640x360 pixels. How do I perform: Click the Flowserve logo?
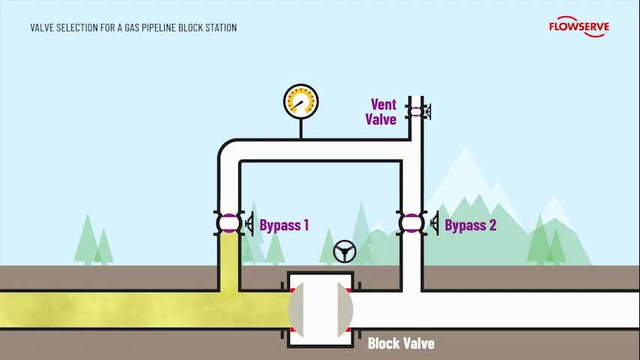[x=579, y=26]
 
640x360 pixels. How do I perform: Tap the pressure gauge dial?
[x=301, y=101]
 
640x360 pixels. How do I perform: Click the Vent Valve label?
[x=381, y=112]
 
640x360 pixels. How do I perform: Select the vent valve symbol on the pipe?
[x=415, y=112]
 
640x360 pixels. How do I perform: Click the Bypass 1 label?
[x=284, y=225]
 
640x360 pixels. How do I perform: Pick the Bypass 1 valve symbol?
[x=229, y=223]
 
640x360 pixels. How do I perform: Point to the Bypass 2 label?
[x=470, y=225]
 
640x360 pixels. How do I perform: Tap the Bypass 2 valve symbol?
[x=411, y=223]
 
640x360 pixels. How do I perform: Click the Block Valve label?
[x=401, y=343]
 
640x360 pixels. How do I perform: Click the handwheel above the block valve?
[x=345, y=251]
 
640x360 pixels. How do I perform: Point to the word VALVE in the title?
[x=43, y=28]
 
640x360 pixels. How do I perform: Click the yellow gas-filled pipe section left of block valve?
[x=112, y=309]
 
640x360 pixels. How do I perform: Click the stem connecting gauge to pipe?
[x=301, y=128]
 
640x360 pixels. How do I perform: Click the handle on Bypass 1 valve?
[x=250, y=223]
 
